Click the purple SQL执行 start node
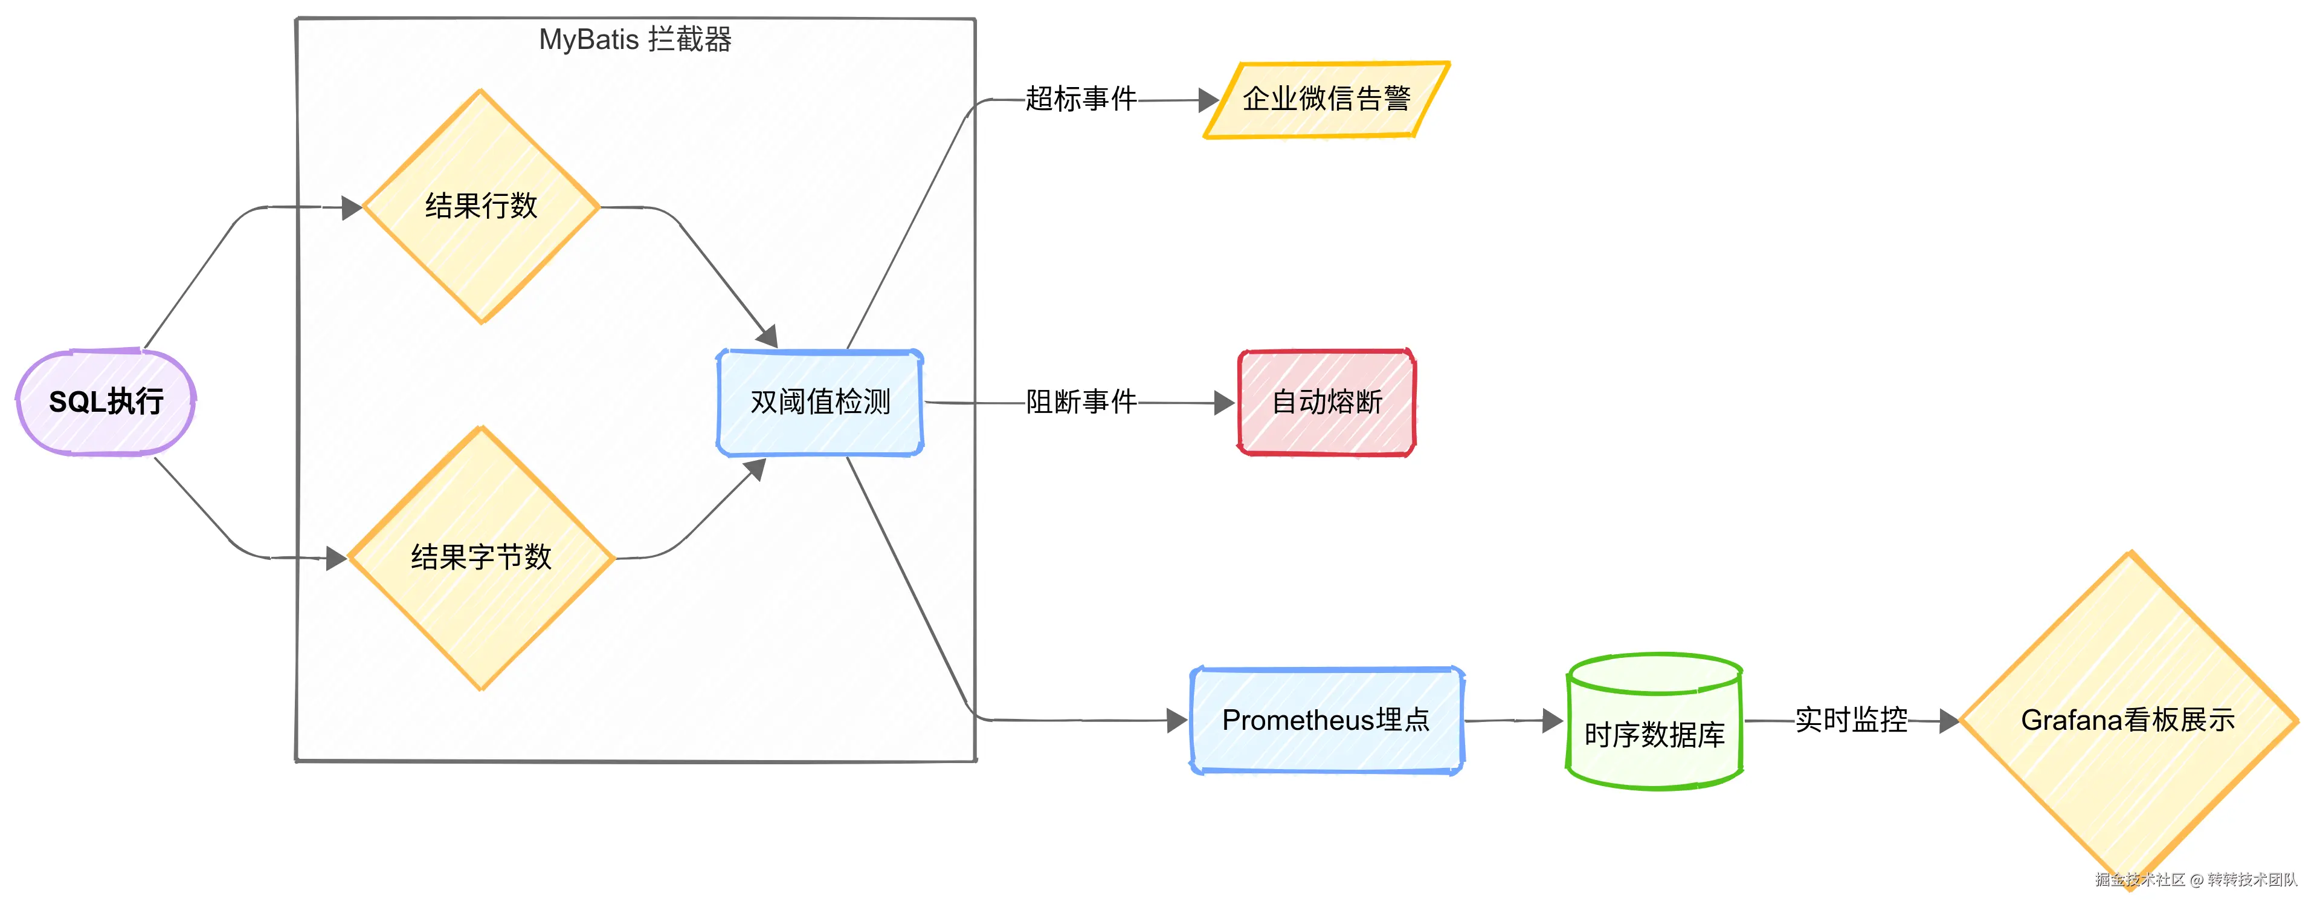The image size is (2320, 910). pyautogui.click(x=105, y=402)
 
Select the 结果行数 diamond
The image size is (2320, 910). pyautogui.click(x=481, y=206)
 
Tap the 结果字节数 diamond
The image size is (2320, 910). pyautogui.click(x=481, y=557)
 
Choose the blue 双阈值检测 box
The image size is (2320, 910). pyautogui.click(x=820, y=402)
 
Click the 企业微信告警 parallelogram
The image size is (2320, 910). pyautogui.click(x=1326, y=99)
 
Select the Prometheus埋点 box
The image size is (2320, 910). pyautogui.click(x=1326, y=720)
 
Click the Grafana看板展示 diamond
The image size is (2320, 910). pyautogui.click(x=2127, y=720)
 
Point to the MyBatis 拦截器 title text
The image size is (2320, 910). pyautogui.click(x=635, y=40)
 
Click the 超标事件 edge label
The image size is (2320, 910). pyautogui.click(x=1081, y=99)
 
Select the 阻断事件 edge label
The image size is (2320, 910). pyautogui.click(x=1081, y=402)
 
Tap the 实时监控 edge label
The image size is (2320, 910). pyautogui.click(x=1851, y=720)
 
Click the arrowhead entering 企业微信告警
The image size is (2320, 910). pyautogui.click(x=1208, y=100)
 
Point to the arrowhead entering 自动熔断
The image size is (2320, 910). pyautogui.click(x=1224, y=403)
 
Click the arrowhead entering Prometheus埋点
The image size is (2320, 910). pyautogui.click(x=1176, y=720)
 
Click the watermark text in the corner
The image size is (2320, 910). pyautogui.click(x=2196, y=879)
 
